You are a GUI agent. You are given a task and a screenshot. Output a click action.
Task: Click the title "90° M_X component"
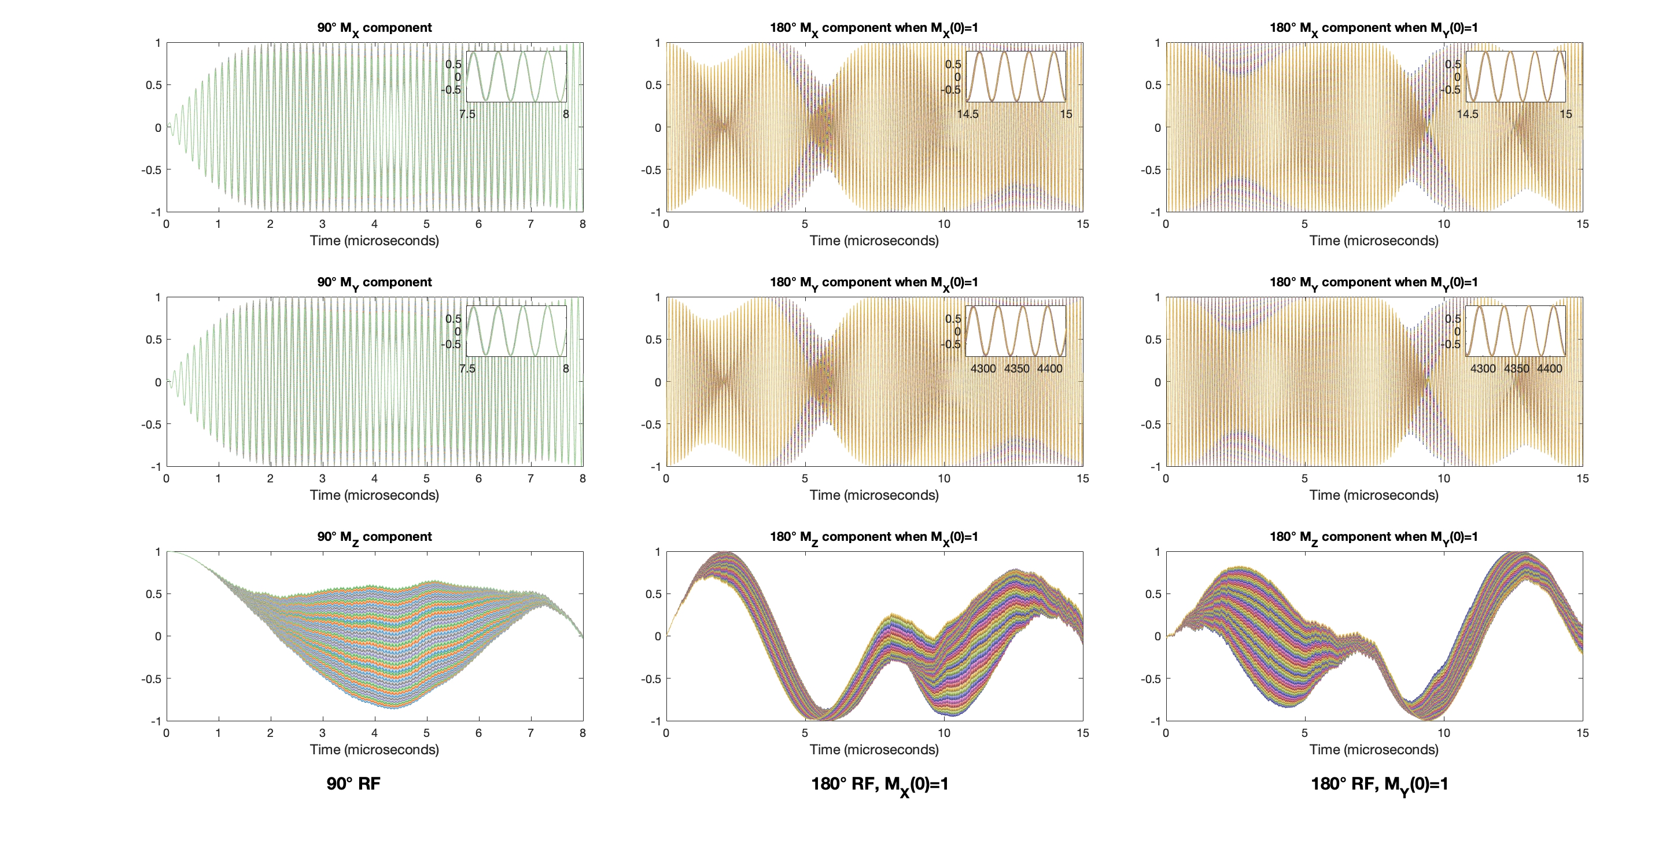[x=374, y=28]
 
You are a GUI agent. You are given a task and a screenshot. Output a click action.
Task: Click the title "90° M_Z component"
[x=374, y=537]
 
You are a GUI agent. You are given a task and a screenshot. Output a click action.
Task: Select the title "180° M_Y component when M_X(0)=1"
[x=873, y=283]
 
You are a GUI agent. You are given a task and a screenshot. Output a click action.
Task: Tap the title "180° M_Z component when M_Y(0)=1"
[x=1373, y=537]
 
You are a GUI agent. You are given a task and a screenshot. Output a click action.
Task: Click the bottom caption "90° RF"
[x=353, y=783]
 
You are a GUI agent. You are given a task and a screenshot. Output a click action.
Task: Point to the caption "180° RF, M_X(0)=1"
[x=879, y=784]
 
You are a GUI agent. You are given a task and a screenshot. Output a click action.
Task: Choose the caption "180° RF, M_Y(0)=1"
[x=1379, y=784]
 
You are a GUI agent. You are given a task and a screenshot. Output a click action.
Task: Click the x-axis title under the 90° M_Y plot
[x=374, y=495]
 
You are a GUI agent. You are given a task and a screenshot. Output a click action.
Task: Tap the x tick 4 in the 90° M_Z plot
[x=374, y=733]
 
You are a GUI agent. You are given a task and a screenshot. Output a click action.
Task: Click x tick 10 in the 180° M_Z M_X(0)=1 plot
[x=943, y=733]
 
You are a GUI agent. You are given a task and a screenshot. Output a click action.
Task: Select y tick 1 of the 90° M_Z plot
[x=158, y=552]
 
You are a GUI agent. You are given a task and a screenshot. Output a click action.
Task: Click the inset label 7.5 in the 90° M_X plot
[x=467, y=115]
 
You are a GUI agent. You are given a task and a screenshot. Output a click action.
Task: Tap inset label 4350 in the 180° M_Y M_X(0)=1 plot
[x=1016, y=368]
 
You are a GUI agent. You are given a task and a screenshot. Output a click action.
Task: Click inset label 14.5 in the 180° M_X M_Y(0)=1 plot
[x=1467, y=115]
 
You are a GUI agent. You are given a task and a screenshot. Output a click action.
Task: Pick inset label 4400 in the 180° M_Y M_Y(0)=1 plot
[x=1549, y=368]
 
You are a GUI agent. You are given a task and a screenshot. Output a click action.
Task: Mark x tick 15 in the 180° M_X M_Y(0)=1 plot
[x=1582, y=224]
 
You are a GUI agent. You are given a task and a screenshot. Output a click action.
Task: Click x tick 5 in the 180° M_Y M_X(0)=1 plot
[x=805, y=478]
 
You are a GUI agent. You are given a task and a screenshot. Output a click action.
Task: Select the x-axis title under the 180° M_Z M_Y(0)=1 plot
[x=1374, y=749]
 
